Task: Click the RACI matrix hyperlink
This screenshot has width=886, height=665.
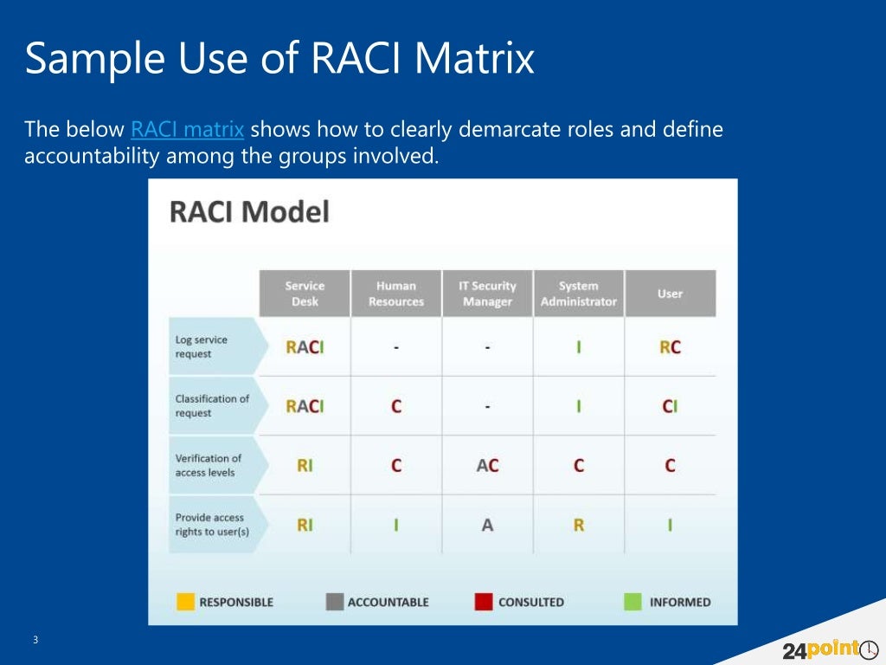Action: click(187, 131)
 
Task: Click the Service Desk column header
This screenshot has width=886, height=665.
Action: click(305, 294)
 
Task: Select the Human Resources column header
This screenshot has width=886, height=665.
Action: click(396, 294)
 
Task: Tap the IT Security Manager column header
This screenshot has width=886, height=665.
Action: click(487, 294)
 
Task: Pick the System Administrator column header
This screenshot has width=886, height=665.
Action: click(578, 294)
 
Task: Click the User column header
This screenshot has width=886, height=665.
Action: click(670, 294)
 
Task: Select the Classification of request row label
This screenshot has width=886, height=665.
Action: click(211, 405)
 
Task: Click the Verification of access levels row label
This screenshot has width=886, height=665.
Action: click(208, 465)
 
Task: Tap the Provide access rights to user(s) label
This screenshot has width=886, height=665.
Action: click(211, 524)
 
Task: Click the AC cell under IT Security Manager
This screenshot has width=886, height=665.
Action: click(487, 466)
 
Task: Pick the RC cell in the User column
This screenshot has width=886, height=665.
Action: click(670, 347)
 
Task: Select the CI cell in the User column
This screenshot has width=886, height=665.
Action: click(670, 406)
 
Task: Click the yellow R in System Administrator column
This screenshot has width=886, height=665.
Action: click(578, 525)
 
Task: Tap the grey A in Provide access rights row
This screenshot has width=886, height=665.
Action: click(487, 525)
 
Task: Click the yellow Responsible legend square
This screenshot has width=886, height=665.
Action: click(185, 602)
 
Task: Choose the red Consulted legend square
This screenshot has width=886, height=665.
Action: click(484, 602)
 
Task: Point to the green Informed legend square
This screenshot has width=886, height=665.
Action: click(632, 602)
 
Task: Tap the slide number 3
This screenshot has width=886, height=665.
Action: click(35, 640)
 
